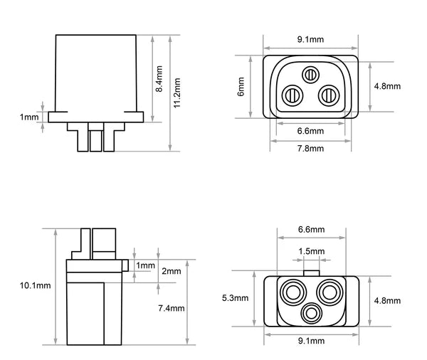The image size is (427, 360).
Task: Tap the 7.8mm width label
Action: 310,148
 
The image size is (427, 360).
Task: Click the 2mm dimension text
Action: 171,271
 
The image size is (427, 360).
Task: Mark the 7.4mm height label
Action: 171,308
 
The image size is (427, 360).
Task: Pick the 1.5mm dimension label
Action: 311,251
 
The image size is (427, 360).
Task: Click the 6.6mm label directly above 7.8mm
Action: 310,131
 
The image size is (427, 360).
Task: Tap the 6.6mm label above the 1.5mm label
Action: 310,230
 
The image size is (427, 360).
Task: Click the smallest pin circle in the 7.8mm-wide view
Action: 310,74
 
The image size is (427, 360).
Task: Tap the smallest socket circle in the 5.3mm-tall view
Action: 310,312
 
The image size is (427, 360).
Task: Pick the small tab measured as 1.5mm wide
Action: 310,272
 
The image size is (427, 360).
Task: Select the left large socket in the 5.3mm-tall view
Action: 291,291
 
